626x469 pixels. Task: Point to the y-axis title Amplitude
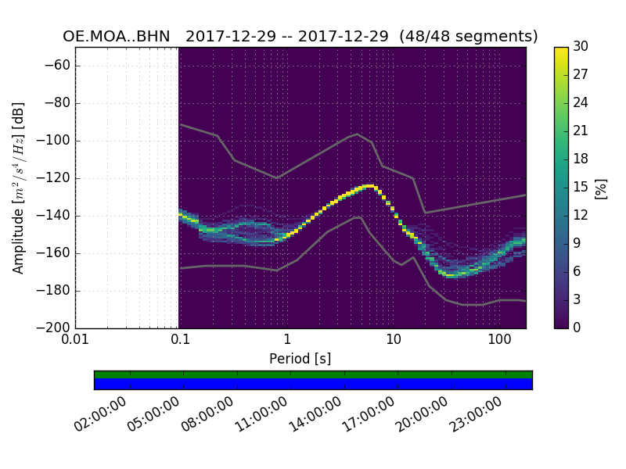19,188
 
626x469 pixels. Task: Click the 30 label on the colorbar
580,47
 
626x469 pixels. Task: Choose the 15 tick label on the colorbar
580,187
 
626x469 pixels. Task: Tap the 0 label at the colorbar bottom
577,328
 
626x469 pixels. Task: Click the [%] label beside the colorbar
601,188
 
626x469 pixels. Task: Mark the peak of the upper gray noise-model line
358,134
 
